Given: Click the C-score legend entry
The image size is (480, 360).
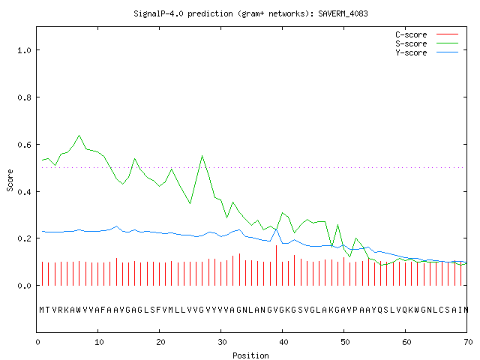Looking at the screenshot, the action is pyautogui.click(x=427, y=34).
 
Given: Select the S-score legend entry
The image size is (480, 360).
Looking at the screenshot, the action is pyautogui.click(x=427, y=43).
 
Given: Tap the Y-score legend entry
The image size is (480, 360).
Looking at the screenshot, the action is pyautogui.click(x=427, y=52).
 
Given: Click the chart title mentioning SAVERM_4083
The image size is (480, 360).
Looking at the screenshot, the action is pyautogui.click(x=250, y=13).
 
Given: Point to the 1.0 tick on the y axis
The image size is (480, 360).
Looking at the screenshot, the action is pyautogui.click(x=24, y=50).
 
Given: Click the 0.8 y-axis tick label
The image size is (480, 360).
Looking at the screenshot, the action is pyautogui.click(x=24, y=97).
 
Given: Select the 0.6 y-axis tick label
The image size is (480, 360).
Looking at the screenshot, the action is pyautogui.click(x=24, y=145).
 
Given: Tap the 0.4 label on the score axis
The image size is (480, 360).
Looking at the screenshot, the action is pyautogui.click(x=24, y=192).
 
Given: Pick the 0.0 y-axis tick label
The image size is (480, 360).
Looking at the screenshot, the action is pyautogui.click(x=24, y=286).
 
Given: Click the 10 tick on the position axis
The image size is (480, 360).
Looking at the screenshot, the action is pyautogui.click(x=99, y=342).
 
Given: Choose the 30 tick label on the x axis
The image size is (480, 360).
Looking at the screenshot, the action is pyautogui.click(x=222, y=342).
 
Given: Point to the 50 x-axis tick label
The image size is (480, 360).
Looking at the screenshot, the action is pyautogui.click(x=345, y=342).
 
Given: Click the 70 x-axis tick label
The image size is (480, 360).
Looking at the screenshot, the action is pyautogui.click(x=468, y=342).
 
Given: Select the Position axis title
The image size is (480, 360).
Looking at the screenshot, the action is pyautogui.click(x=250, y=355).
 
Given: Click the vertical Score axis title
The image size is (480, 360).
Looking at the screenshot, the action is pyautogui.click(x=10, y=180).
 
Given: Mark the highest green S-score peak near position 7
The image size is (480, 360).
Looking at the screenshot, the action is pyautogui.click(x=79, y=135).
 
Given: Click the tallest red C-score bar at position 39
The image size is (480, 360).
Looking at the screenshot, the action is pyautogui.click(x=277, y=265).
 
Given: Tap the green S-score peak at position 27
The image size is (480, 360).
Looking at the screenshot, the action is pyautogui.click(x=202, y=156).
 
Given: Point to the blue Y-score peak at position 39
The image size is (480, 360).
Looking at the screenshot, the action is pyautogui.click(x=276, y=229).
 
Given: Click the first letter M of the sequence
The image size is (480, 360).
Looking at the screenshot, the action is pyautogui.click(x=42, y=310).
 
